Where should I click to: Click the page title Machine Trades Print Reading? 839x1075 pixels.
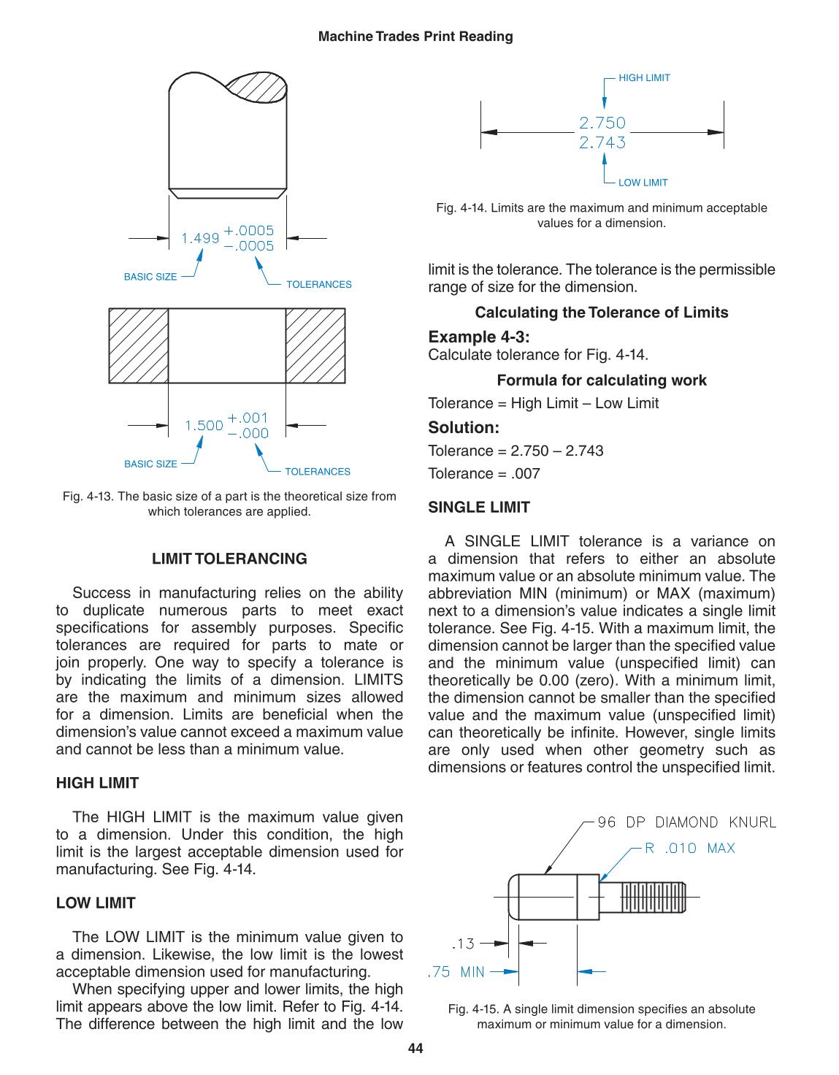point(415,37)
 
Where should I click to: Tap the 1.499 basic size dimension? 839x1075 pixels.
point(200,238)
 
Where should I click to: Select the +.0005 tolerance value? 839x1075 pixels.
point(249,230)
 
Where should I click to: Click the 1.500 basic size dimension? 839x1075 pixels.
point(204,426)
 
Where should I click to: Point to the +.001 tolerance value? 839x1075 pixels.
point(248,418)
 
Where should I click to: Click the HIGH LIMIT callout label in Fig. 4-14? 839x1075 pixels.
point(644,78)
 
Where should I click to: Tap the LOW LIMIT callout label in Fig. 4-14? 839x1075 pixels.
point(643,183)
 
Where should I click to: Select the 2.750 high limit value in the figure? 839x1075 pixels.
point(602,123)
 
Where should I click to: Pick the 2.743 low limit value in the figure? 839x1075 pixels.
point(602,142)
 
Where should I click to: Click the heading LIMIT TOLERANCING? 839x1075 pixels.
point(229,559)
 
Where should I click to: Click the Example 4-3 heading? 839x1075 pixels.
point(479,337)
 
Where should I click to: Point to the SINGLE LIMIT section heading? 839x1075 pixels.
point(479,508)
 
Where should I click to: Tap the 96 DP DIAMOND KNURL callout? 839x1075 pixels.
point(686,822)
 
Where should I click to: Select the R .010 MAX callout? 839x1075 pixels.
point(689,848)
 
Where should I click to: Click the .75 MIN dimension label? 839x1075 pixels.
point(456,972)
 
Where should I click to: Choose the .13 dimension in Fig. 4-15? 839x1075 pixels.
point(463,944)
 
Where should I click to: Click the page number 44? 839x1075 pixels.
point(415,1049)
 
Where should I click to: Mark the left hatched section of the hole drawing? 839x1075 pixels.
point(139,346)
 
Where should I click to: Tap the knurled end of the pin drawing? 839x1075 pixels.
point(653,897)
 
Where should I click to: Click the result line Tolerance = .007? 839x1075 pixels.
point(484,474)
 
